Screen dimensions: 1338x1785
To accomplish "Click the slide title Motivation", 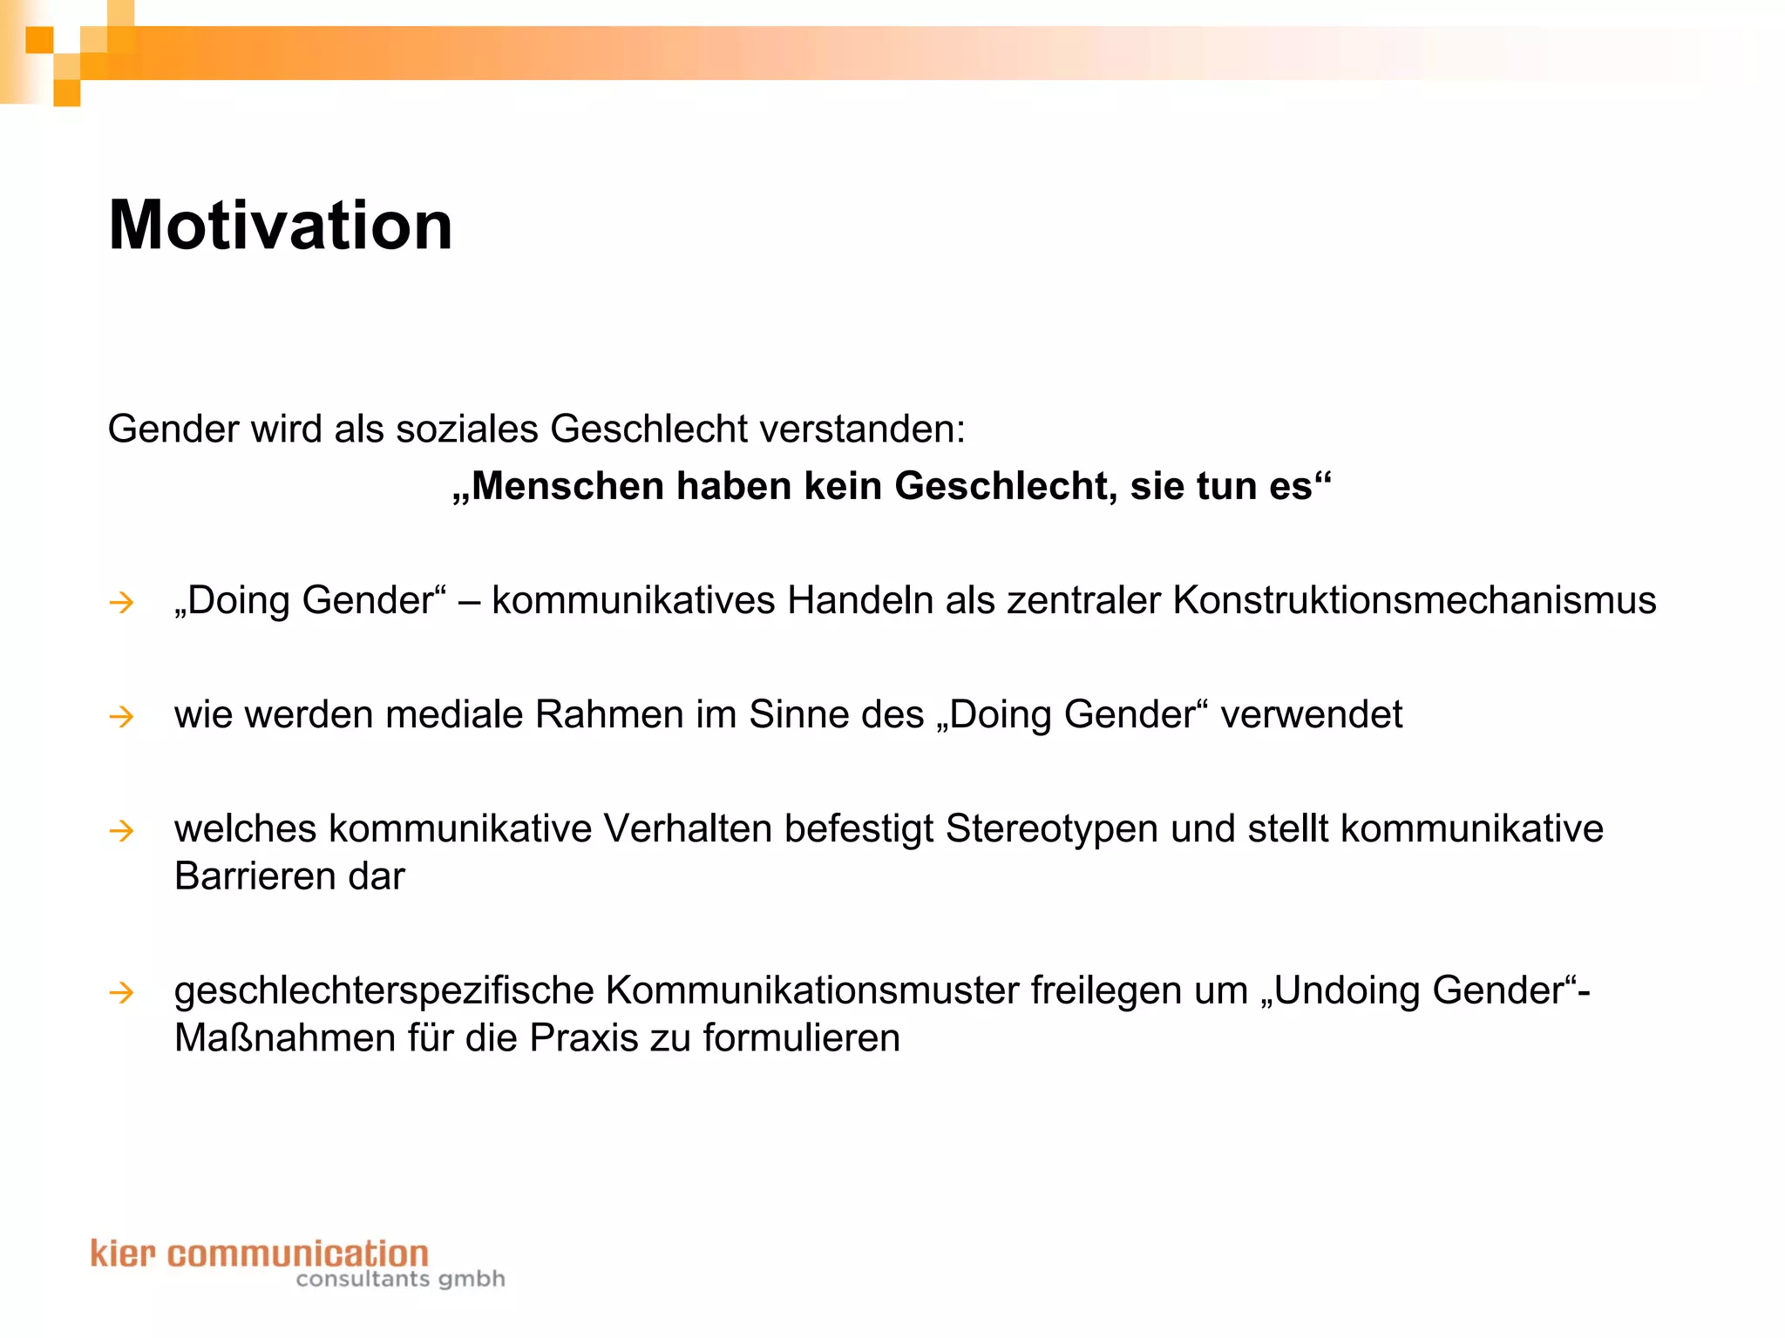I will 280,225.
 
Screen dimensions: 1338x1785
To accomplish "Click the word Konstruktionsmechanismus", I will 1414,600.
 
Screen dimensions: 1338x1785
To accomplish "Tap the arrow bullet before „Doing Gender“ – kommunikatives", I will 121,602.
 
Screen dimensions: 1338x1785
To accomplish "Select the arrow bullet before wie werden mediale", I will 121,716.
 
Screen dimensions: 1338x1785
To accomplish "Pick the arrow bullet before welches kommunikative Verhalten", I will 121,830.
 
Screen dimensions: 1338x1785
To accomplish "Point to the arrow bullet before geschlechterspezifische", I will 121,992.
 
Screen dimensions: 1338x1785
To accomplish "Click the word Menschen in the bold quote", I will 567,486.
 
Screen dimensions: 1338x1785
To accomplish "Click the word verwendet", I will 1311,714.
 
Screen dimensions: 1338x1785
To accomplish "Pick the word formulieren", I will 801,1038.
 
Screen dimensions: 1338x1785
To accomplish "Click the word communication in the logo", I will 297,1254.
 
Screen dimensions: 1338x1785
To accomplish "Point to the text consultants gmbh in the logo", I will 400,1279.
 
